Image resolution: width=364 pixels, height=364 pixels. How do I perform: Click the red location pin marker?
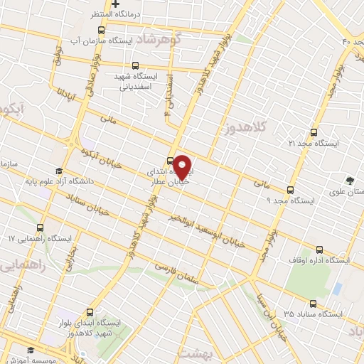tap(183, 168)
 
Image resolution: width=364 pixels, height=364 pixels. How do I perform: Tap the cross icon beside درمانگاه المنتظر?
tap(116, 4)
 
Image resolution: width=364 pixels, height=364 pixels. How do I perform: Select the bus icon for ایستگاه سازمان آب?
tap(101, 30)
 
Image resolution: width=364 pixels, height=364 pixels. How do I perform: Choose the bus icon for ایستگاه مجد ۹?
tap(290, 190)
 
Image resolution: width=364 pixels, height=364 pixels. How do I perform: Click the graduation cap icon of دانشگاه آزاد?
tap(58, 171)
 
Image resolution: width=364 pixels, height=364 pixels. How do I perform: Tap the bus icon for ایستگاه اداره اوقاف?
tap(319, 250)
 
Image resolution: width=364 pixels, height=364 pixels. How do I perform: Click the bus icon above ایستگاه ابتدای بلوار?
tap(88, 311)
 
